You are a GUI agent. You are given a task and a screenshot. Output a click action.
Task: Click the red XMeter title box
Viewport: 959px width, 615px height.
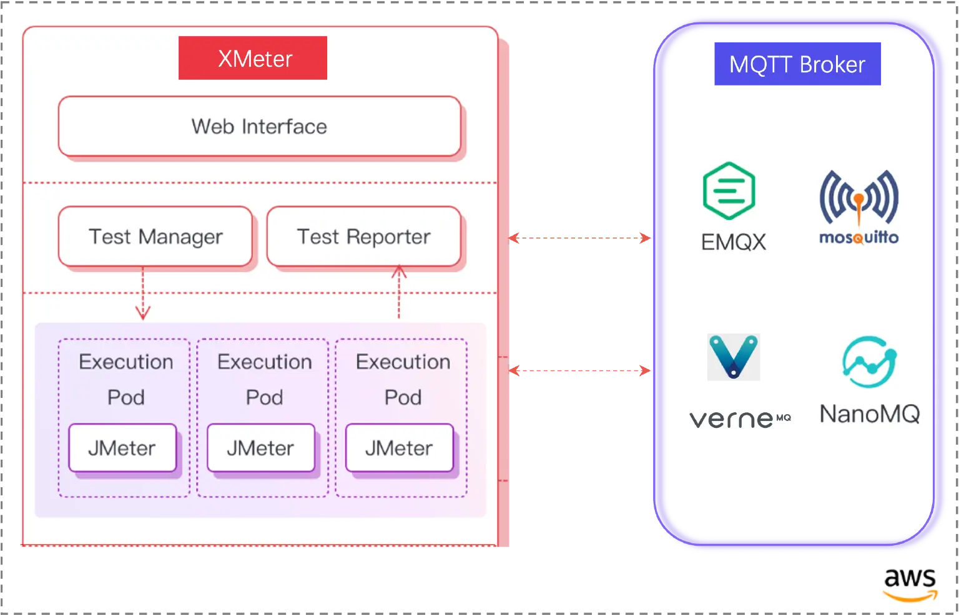[253, 58]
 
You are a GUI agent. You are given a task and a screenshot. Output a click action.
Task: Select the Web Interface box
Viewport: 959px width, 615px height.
[259, 127]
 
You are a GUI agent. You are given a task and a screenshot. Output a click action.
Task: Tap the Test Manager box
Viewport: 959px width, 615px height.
[155, 237]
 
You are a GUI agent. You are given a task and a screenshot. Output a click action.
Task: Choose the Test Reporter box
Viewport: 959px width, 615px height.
[363, 237]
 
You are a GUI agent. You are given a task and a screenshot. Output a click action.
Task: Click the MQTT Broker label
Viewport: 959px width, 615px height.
[797, 64]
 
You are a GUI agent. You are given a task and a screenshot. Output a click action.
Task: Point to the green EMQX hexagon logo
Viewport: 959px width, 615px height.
[729, 190]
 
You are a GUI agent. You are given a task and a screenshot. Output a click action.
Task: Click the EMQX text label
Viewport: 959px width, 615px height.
[734, 241]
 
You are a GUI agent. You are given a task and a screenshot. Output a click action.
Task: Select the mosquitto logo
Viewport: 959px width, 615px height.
[858, 202]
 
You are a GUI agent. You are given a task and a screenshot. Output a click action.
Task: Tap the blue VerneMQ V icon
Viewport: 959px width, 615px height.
[734, 356]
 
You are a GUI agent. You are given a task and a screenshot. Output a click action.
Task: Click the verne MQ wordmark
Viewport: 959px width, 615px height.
[739, 419]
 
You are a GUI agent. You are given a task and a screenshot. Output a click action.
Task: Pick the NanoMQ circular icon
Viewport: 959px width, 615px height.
[868, 364]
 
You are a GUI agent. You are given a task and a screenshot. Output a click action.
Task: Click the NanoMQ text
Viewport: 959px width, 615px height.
[869, 414]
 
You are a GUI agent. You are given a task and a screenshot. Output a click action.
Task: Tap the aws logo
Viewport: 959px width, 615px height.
[910, 584]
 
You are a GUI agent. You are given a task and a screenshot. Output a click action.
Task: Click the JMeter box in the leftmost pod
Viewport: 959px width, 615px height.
[122, 448]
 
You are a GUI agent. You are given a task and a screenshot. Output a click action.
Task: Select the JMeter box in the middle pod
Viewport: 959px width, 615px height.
[261, 448]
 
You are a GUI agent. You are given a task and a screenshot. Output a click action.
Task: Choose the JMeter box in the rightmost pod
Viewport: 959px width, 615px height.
[400, 448]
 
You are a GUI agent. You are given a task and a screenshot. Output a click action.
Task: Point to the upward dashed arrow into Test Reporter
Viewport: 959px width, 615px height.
[399, 292]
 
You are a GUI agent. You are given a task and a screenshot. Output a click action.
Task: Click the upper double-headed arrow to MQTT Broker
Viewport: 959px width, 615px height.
[580, 238]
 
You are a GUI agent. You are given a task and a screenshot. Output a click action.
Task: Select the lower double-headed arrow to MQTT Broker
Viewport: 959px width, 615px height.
[580, 371]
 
